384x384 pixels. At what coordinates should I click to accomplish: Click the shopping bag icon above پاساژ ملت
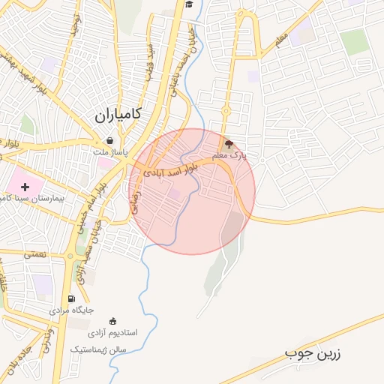pos(110,141)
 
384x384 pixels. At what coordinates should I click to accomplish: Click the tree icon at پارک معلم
pos(229,143)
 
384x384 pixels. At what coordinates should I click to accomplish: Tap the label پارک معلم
pos(229,155)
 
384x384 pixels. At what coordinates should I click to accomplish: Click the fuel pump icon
pos(71,298)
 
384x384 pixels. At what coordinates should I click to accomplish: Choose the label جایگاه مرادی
pos(72,310)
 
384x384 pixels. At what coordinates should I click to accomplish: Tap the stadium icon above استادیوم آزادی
pos(113,320)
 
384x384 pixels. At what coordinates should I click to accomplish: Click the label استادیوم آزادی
pos(112,331)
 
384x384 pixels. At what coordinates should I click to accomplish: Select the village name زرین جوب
pos(313,353)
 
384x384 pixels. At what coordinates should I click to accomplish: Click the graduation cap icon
pos(189,4)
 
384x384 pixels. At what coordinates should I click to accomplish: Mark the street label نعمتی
pos(34,254)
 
